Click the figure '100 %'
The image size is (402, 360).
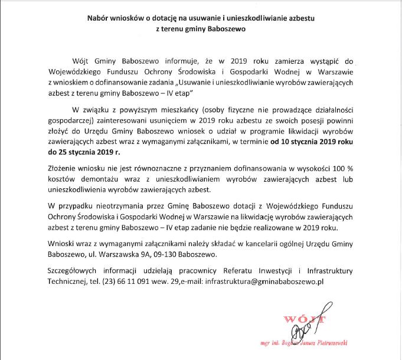pyautogui.click(x=342, y=171)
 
